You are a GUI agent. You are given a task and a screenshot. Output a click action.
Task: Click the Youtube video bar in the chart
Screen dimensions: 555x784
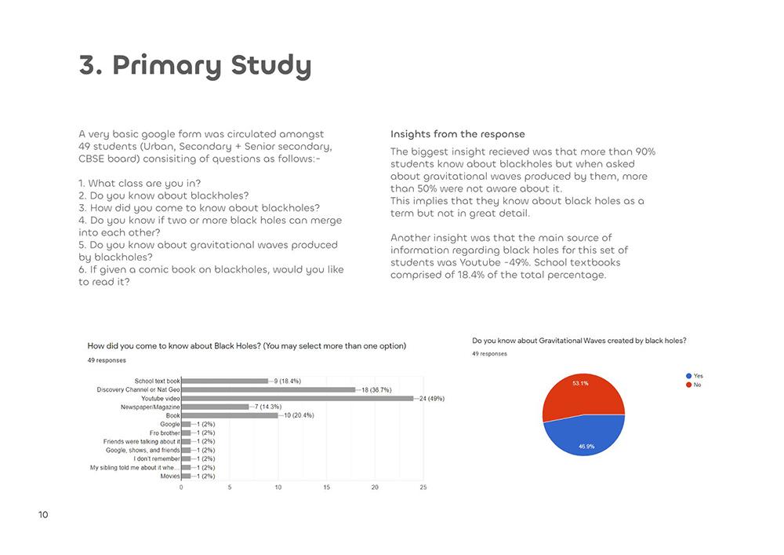tap(297, 398)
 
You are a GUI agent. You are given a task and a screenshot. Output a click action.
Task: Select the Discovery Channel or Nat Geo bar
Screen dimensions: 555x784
tap(268, 389)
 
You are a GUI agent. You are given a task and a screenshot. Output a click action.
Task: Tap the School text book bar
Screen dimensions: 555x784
tap(224, 381)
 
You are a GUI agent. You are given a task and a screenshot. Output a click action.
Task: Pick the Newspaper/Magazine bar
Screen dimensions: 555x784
tap(215, 407)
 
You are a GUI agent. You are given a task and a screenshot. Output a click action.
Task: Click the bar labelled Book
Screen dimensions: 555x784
tap(229, 415)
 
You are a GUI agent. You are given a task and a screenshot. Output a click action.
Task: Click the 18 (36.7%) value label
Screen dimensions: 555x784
tap(376, 389)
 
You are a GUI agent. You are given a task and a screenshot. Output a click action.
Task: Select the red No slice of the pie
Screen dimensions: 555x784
tap(583, 394)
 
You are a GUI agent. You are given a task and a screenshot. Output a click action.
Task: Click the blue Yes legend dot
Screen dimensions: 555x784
tap(688, 376)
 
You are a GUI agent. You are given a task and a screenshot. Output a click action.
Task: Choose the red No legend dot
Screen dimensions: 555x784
tap(688, 385)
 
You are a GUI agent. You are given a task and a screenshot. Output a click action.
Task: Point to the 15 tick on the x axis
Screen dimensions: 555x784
tap(326, 487)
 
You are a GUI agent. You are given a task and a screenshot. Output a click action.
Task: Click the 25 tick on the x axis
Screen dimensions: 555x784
tap(423, 487)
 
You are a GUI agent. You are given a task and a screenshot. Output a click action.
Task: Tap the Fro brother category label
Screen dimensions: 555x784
tap(165, 433)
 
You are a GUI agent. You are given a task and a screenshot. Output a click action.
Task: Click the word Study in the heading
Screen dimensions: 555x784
tap(266, 66)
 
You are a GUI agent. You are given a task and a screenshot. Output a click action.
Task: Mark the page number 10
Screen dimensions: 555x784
tap(43, 515)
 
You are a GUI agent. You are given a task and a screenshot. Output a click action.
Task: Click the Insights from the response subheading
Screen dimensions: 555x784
tap(457, 134)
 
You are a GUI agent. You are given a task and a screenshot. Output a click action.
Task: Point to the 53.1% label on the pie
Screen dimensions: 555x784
tap(581, 383)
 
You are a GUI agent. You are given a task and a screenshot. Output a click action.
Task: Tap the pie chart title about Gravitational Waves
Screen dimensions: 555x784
tap(579, 341)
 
